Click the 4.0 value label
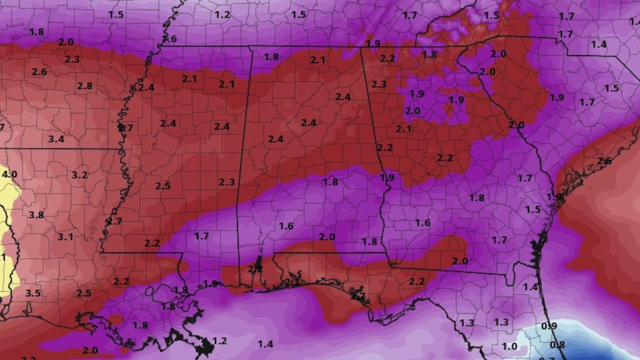[9, 174]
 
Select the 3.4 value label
[56, 139]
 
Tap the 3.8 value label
[36, 215]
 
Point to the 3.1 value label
[65, 236]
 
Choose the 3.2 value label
[79, 175]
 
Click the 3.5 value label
[33, 293]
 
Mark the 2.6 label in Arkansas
[39, 72]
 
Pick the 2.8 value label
[84, 85]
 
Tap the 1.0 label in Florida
[509, 346]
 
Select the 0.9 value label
[549, 326]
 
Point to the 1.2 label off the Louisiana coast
[219, 341]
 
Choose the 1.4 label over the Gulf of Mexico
[265, 343]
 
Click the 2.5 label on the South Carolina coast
[604, 161]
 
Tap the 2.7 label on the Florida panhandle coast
[358, 296]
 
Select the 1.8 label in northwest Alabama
[271, 57]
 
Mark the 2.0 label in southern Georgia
[459, 261]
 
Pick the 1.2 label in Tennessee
[222, 14]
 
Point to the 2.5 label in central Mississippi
[163, 186]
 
